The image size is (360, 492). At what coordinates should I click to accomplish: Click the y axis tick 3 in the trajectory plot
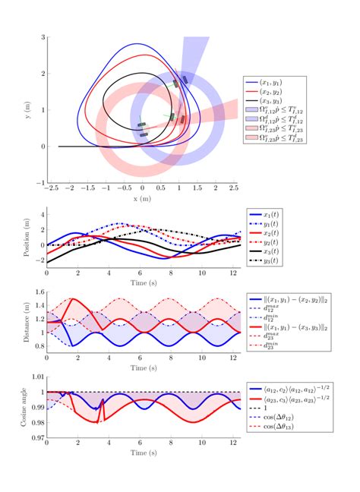click(43, 37)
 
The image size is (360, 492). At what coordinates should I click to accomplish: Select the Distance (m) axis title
click(28, 325)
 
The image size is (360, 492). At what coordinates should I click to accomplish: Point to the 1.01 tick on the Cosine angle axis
click(36, 376)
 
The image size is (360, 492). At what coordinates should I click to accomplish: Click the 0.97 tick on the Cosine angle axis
click(36, 438)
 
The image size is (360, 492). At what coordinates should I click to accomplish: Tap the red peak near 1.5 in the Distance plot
click(71, 299)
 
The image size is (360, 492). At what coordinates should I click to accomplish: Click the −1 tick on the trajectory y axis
click(41, 183)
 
